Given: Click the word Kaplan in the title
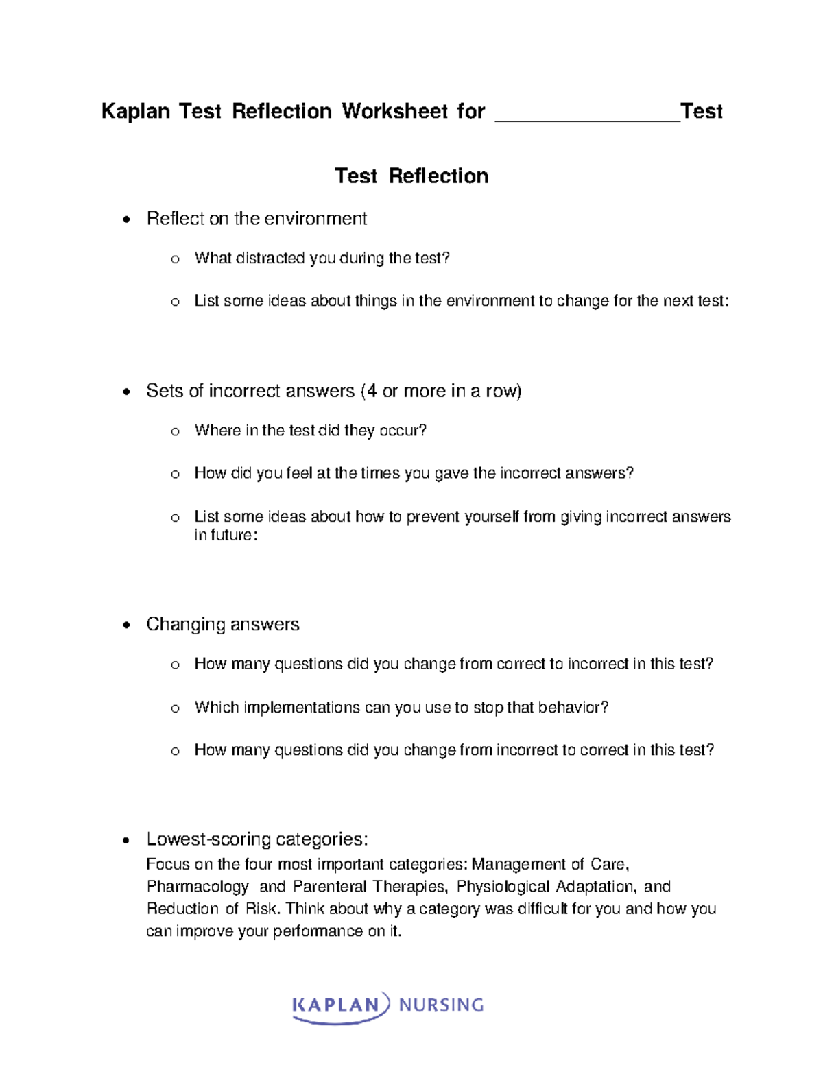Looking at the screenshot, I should [x=135, y=111].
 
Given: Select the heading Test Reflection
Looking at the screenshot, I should [x=411, y=176].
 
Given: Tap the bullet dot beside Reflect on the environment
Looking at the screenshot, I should [x=126, y=220].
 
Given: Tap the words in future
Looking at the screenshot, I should [x=225, y=536].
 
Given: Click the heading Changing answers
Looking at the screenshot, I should [x=222, y=624].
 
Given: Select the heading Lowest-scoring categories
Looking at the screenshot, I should [x=257, y=839].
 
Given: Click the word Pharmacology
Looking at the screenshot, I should [x=198, y=887].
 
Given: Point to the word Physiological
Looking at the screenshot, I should [x=503, y=887].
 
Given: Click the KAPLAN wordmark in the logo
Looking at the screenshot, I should [x=336, y=1005].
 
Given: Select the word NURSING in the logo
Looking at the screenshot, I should [x=441, y=1005].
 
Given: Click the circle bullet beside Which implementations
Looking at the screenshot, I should [x=175, y=708].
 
